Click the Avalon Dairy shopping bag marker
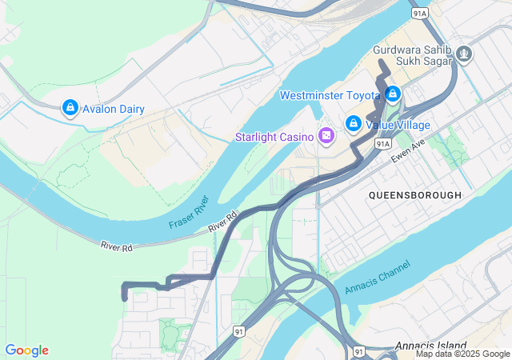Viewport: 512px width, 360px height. coord(70,107)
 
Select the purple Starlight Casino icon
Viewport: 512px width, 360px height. coord(326,137)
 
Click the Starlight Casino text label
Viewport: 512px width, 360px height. coord(274,137)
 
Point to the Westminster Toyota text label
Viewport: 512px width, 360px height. coord(330,96)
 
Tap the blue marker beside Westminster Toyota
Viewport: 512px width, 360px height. coord(392,95)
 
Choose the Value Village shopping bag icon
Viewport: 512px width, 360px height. coord(353,124)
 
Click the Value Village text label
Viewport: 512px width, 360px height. coord(398,125)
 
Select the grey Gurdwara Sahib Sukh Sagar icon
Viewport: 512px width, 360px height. coord(465,54)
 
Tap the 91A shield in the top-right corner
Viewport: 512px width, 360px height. coord(420,14)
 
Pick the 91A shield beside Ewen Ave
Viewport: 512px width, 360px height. coord(383,143)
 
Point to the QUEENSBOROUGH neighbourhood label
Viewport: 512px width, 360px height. coord(415,194)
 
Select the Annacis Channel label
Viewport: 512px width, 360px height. coord(377,277)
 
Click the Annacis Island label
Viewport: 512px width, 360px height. coord(430,346)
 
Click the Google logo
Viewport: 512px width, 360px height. coord(27,350)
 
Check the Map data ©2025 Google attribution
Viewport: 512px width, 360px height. coord(462,354)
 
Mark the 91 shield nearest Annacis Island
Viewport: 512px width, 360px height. coord(359,351)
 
